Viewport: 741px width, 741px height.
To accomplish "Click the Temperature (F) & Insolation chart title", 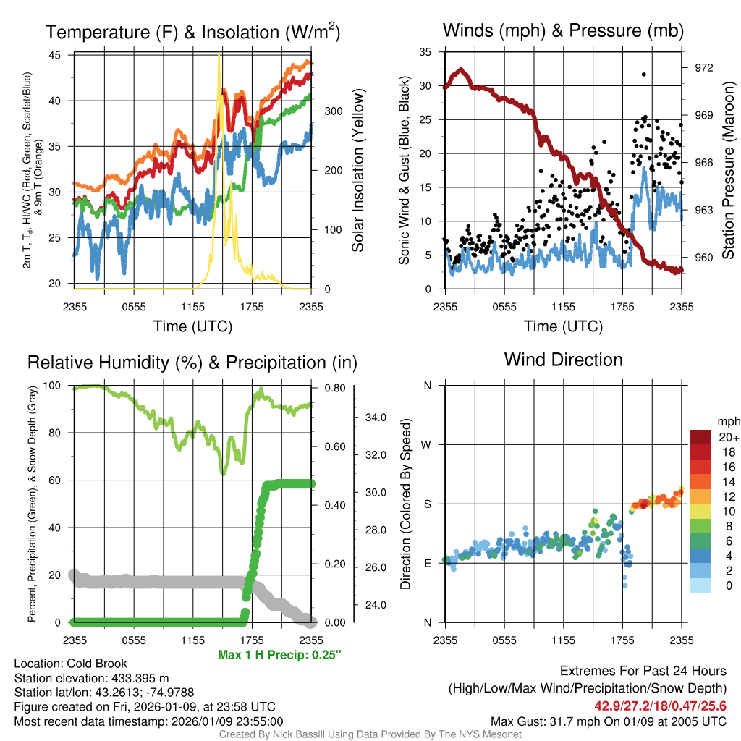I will click(192, 33).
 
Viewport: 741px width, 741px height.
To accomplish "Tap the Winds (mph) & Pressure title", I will click(563, 30).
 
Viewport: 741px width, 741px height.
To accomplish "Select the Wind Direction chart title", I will click(563, 360).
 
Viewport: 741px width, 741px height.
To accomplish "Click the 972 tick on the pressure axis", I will click(703, 67).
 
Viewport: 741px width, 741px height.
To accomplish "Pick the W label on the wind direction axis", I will click(427, 444).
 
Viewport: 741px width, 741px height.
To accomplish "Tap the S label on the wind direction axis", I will click(427, 504).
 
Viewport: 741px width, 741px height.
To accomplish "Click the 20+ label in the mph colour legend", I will click(729, 437).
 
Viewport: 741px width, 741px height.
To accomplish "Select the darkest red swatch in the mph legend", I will click(700, 437).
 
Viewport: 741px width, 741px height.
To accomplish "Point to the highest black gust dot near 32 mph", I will click(643, 74).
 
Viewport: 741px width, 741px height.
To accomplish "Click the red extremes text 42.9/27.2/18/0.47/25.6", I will click(661, 706).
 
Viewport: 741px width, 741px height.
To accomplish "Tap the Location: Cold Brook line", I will click(71, 664).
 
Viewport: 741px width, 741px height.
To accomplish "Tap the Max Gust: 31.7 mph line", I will click(609, 721).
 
